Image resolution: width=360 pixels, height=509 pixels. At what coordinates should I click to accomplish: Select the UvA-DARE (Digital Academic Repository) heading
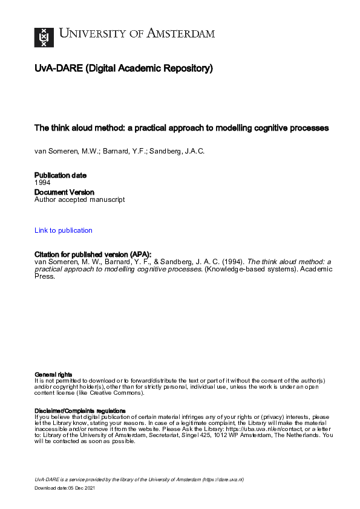click(x=123, y=69)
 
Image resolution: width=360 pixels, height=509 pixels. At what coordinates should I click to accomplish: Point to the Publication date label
click(x=61, y=175)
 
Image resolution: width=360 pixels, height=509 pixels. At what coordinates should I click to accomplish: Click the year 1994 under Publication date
click(x=42, y=182)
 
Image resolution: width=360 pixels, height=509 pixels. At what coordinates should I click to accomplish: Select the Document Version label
click(x=65, y=192)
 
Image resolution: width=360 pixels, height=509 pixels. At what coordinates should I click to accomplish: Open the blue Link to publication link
click(x=64, y=230)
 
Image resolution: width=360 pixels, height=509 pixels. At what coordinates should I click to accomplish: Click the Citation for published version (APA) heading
click(x=93, y=254)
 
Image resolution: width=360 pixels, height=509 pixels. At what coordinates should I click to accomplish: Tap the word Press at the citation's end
click(x=44, y=276)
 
